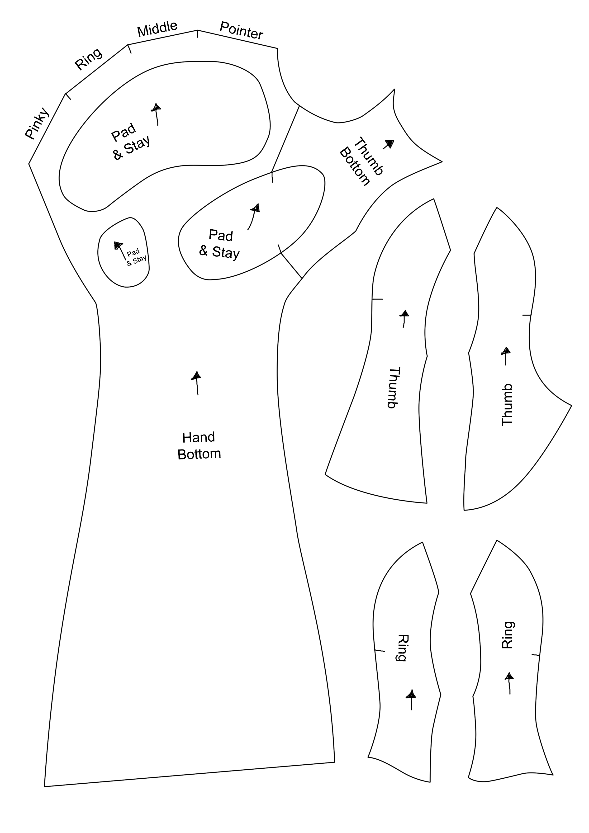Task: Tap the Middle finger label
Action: [x=157, y=29]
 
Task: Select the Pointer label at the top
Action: [x=241, y=31]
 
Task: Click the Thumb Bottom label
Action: [x=360, y=162]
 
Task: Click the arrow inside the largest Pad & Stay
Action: [x=157, y=114]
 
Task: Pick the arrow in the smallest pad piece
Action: [x=120, y=250]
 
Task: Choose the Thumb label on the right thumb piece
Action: [x=507, y=405]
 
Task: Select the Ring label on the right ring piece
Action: [x=508, y=635]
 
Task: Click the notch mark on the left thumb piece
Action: [x=377, y=299]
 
